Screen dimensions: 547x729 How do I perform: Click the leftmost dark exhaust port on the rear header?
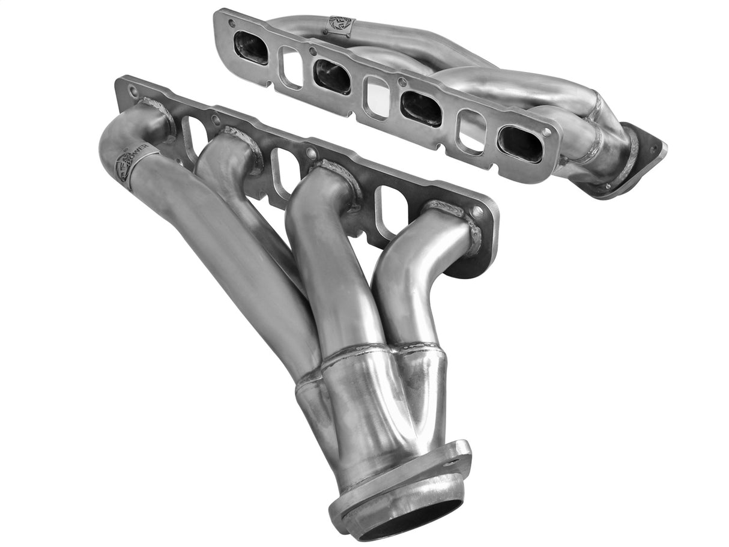[251, 47]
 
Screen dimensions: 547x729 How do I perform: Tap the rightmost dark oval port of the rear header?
[520, 144]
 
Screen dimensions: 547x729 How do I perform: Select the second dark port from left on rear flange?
[332, 76]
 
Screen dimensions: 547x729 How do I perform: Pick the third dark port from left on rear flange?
[421, 108]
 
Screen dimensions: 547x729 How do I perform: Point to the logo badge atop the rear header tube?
[340, 25]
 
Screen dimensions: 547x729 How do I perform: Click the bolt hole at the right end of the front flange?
[478, 212]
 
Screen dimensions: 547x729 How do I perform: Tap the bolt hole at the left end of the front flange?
[133, 92]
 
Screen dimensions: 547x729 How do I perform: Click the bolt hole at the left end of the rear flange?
[231, 23]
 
